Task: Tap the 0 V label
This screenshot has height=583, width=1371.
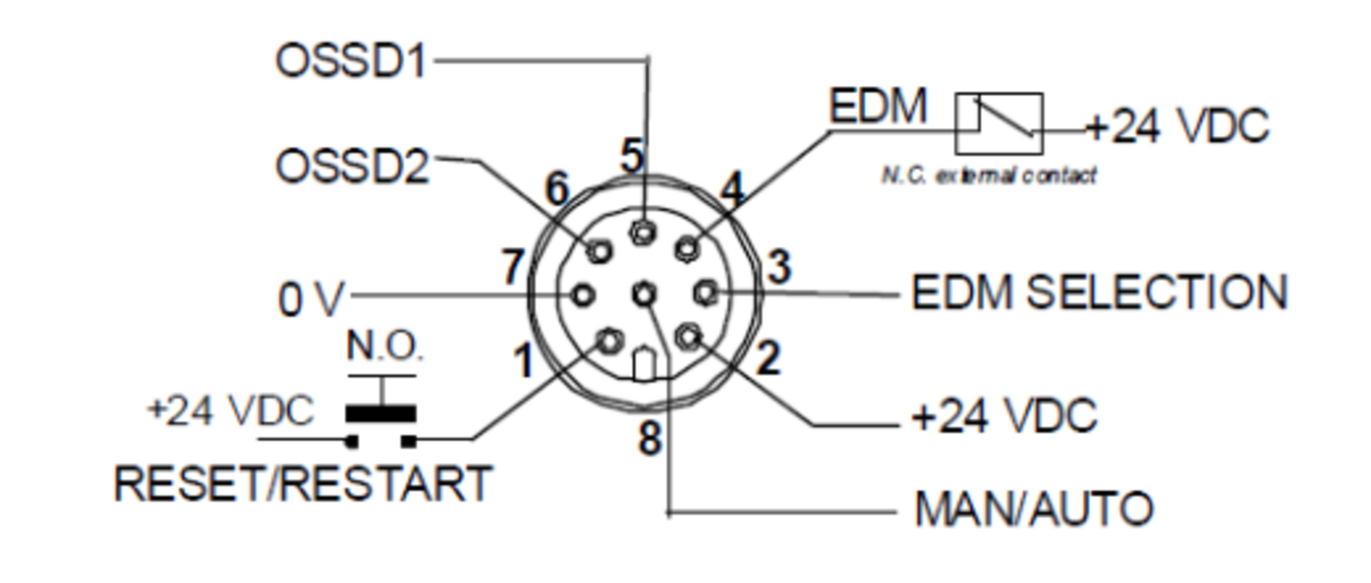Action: [312, 300]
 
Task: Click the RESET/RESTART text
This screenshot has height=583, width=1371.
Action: [303, 482]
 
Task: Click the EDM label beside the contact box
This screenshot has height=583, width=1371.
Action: [877, 107]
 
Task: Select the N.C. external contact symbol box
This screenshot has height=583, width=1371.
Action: [999, 123]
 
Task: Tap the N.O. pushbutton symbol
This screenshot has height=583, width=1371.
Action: [381, 413]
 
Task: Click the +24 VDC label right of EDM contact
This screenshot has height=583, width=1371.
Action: [1177, 126]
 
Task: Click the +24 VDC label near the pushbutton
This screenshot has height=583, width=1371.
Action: [230, 411]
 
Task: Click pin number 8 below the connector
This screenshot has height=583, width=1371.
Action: [649, 440]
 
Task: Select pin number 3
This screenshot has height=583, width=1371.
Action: [779, 269]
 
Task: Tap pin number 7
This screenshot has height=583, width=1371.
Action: [514, 269]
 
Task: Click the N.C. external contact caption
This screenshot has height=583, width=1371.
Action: [988, 175]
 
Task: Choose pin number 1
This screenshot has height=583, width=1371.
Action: [523, 362]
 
